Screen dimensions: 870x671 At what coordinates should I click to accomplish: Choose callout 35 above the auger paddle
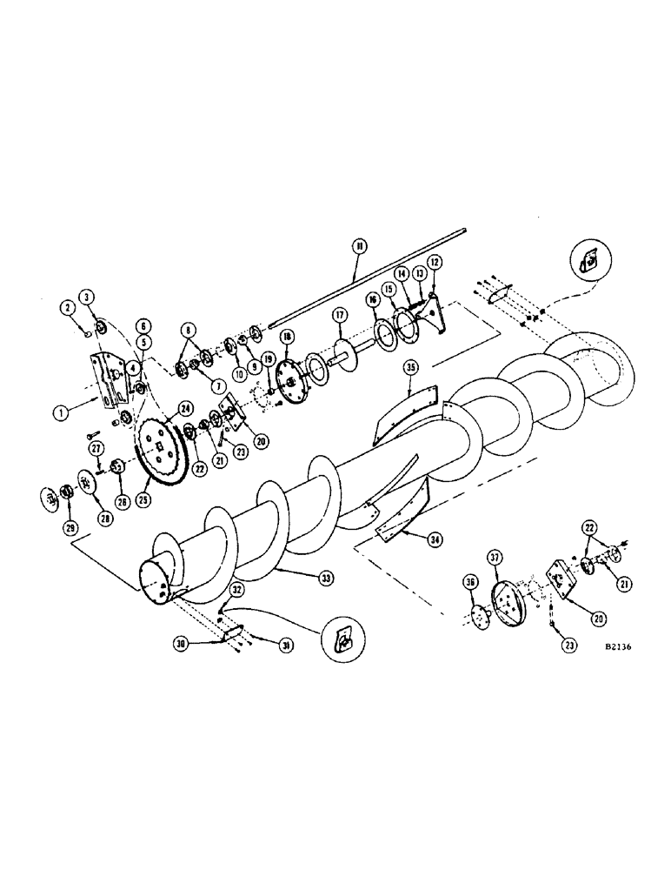tap(411, 367)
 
